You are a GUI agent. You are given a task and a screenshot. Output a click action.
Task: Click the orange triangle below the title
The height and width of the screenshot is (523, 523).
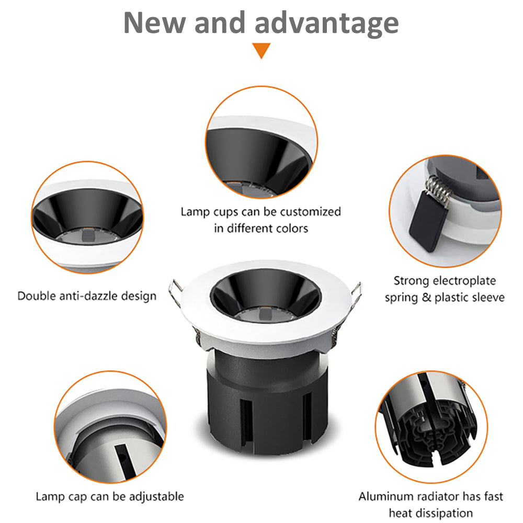coord(261,50)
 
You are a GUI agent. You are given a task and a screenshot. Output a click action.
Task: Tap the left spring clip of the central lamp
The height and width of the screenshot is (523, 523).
coord(175,292)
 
